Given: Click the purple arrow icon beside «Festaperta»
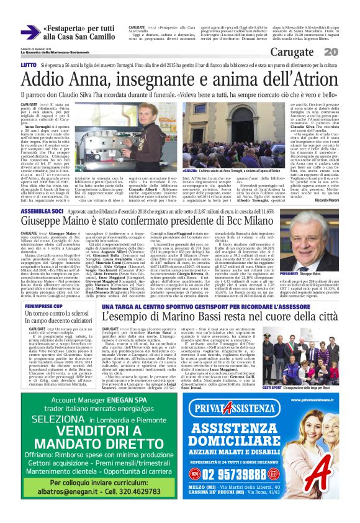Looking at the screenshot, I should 30,31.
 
